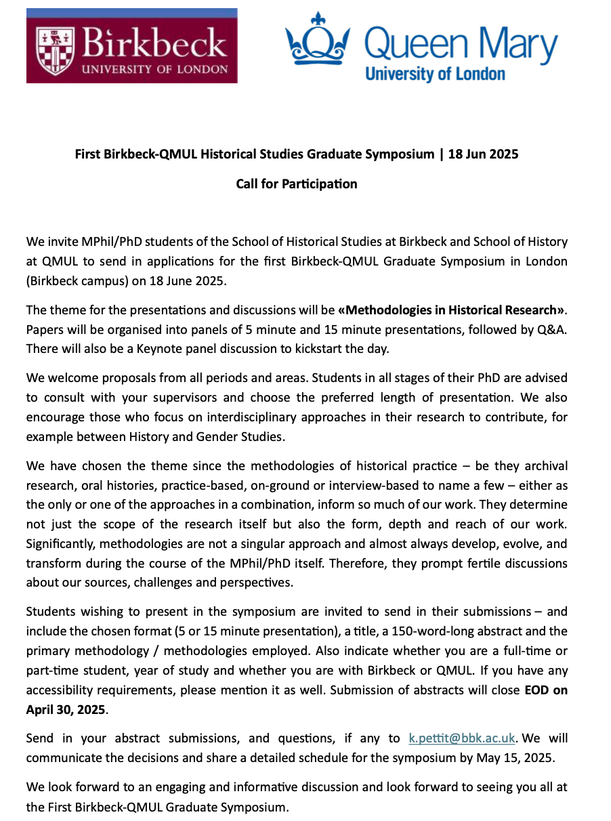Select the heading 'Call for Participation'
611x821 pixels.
(296, 184)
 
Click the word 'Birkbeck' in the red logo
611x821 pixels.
(154, 44)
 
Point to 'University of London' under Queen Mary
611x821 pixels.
(435, 73)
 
